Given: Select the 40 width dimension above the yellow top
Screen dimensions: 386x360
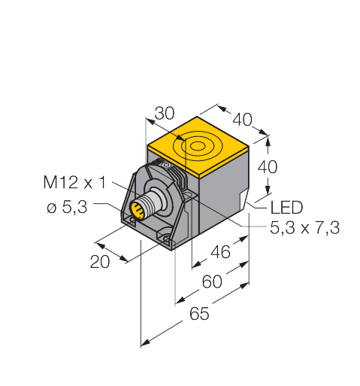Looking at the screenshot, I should click(x=243, y=119).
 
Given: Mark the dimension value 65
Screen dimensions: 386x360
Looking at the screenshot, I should click(x=198, y=315).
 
